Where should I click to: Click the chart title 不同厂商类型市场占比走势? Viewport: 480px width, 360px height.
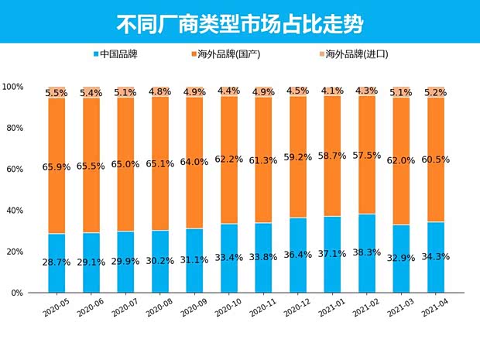point(239,22)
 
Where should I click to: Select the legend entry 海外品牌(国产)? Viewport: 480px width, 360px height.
point(231,54)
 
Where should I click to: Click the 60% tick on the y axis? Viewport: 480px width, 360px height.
point(15,169)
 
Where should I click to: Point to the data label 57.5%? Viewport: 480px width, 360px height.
point(366,155)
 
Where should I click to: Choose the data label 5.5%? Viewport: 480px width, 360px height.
point(57,93)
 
